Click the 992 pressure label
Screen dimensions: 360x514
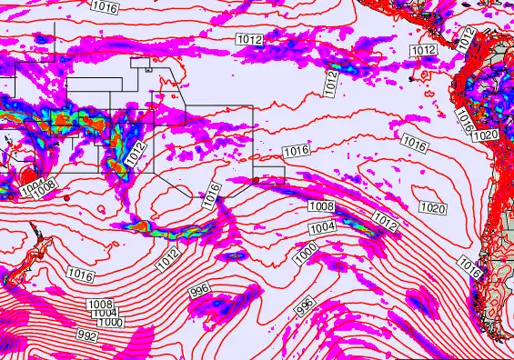tap(87, 335)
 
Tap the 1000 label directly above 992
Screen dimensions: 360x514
tap(110, 322)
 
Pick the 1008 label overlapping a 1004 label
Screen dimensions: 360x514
tap(45, 185)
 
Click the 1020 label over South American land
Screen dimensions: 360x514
tap(486, 135)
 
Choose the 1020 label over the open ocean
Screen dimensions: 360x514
tap(433, 208)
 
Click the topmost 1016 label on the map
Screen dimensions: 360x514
tap(105, 6)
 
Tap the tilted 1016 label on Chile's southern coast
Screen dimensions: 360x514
tap(469, 265)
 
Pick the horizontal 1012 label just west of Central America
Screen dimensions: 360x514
tap(422, 50)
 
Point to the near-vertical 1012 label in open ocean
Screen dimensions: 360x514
tap(331, 82)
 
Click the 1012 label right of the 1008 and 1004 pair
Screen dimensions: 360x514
tap(386, 221)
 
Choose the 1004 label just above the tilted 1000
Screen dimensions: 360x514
tap(322, 227)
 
